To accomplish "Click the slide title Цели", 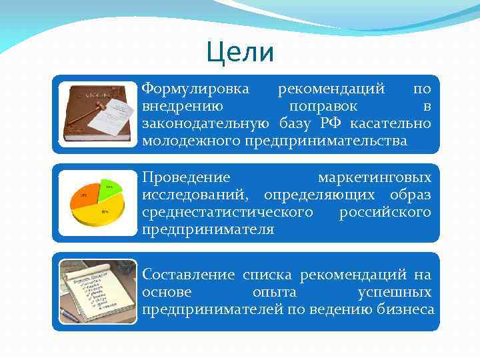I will [240, 52].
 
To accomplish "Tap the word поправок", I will [323, 106].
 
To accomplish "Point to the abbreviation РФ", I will [331, 123].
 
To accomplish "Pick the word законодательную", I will [205, 123].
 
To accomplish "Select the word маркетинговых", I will [374, 178].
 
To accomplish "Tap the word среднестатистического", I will [227, 213].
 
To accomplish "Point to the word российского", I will [385, 213].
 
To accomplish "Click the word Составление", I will [189, 275].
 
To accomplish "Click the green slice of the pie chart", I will [108, 189].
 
